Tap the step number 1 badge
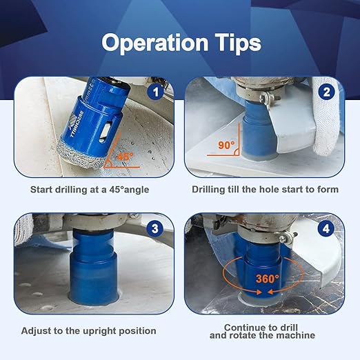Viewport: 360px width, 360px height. [157, 90]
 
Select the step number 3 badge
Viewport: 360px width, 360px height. [157, 227]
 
